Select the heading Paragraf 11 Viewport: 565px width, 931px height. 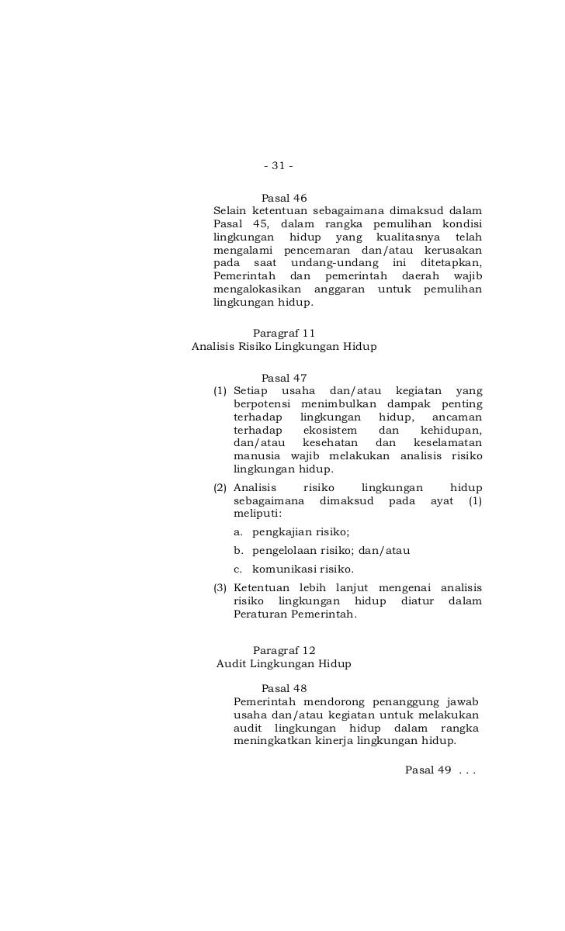click(284, 333)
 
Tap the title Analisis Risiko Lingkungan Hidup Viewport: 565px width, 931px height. click(284, 347)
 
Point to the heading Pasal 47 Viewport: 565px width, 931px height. click(284, 378)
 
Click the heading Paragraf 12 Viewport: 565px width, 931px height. click(284, 650)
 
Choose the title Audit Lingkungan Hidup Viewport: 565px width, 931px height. click(284, 664)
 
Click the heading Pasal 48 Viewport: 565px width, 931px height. click(284, 688)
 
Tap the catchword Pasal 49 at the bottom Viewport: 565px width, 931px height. click(428, 770)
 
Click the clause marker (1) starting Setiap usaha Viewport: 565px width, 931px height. click(220, 391)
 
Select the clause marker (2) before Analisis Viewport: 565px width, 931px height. click(220, 488)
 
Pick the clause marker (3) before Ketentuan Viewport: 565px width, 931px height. click(220, 587)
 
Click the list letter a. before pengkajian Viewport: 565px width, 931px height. click(237, 531)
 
